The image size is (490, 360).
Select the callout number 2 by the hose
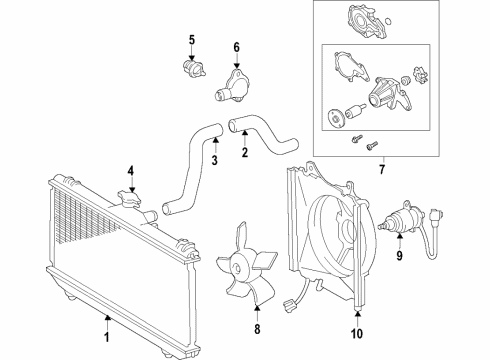coord(243,153)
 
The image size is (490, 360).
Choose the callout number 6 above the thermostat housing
coord(236,46)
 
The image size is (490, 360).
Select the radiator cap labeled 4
coord(128,203)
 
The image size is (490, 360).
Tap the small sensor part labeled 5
coord(190,69)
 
